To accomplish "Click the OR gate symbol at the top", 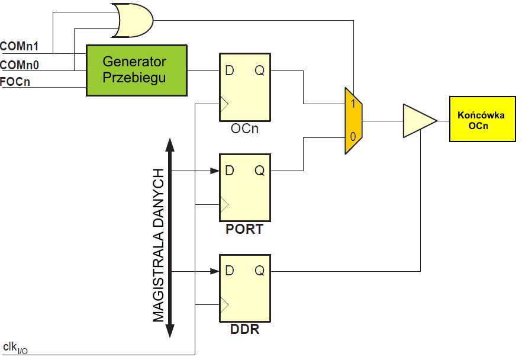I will click(x=132, y=20).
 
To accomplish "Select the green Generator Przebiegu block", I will click(x=137, y=70).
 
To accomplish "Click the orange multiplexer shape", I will click(x=353, y=121).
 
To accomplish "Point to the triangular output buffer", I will click(x=418, y=121).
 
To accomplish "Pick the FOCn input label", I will click(x=15, y=82).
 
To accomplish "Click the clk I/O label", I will click(x=15, y=348).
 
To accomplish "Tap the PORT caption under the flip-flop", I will click(x=244, y=229).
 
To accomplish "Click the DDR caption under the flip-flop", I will click(x=244, y=329).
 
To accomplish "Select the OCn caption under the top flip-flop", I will click(x=244, y=129).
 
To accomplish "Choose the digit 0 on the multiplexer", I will click(x=353, y=137).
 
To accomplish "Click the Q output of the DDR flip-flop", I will click(x=260, y=271).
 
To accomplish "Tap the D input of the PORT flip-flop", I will click(x=230, y=171).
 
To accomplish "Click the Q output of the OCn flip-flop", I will click(x=260, y=70).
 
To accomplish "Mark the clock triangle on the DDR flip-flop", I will click(x=223, y=304).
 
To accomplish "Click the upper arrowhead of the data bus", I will click(x=170, y=145).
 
